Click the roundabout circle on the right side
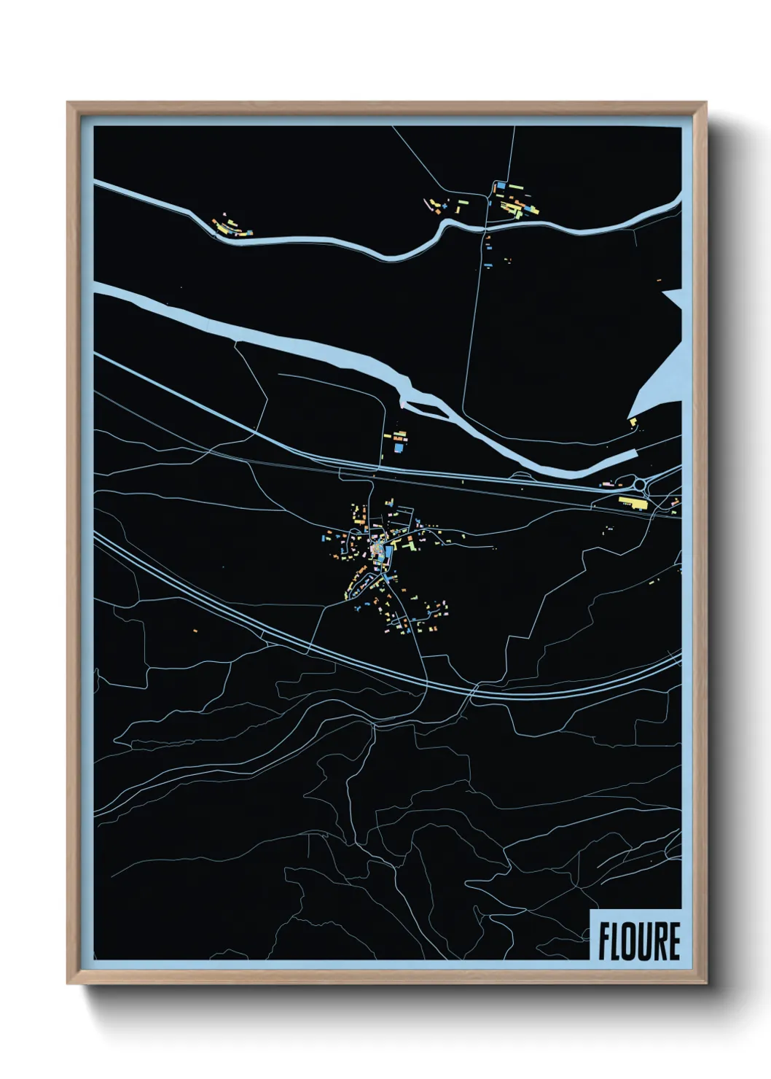coord(641,484)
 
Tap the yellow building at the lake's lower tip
coord(633,421)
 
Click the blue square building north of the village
coord(398,448)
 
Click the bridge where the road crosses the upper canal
coord(485,227)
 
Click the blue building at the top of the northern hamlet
coord(501,187)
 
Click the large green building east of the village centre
coord(410,542)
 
